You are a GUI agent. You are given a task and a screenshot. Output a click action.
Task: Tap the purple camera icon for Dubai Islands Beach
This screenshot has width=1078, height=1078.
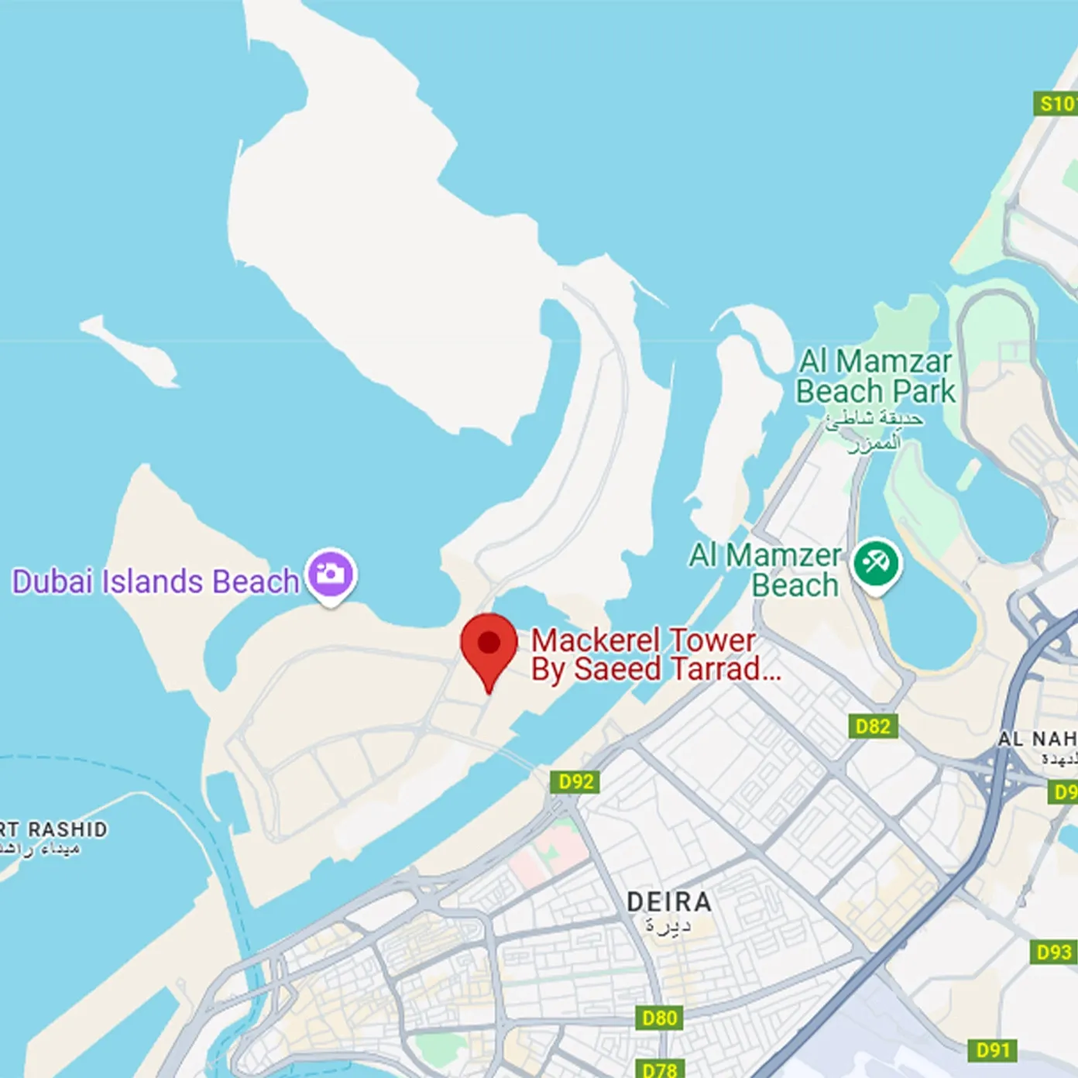331,574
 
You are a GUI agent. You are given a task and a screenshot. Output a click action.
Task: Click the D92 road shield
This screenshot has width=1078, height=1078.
576,781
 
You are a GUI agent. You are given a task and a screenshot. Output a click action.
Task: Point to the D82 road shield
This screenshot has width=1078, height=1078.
873,726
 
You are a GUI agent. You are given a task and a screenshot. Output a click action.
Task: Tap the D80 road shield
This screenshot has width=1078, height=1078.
660,1018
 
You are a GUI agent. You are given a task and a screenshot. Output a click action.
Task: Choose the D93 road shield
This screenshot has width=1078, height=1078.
1054,952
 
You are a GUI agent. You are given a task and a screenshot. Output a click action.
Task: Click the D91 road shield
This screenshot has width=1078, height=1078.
993,1050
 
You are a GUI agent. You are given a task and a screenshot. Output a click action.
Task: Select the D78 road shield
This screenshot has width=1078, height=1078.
660,1069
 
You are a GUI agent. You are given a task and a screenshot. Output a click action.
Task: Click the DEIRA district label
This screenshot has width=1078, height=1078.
669,902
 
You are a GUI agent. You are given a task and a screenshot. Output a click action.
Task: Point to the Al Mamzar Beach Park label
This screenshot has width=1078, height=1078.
876,376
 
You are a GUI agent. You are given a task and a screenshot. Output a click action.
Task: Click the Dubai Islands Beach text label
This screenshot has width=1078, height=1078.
155,582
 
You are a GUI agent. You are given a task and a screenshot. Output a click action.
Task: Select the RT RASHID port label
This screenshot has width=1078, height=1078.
54,829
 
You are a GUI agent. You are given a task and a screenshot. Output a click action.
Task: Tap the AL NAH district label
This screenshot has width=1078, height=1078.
1037,739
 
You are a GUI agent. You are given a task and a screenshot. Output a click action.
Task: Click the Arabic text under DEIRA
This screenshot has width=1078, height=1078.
668,925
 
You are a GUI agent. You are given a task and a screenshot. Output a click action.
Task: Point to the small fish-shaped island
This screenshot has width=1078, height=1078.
132,350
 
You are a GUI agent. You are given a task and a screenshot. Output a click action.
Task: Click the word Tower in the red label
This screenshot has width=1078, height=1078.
712,640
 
